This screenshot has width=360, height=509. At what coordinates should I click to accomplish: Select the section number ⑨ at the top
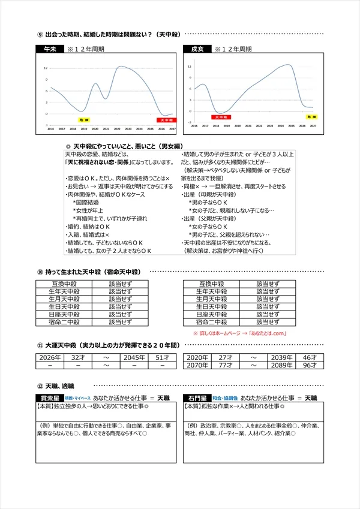40,34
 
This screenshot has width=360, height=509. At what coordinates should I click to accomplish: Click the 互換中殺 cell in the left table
64,283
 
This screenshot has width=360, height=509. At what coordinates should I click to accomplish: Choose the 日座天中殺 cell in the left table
64,314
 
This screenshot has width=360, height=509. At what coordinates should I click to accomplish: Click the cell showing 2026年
51,357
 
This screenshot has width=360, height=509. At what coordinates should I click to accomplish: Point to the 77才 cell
225,365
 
